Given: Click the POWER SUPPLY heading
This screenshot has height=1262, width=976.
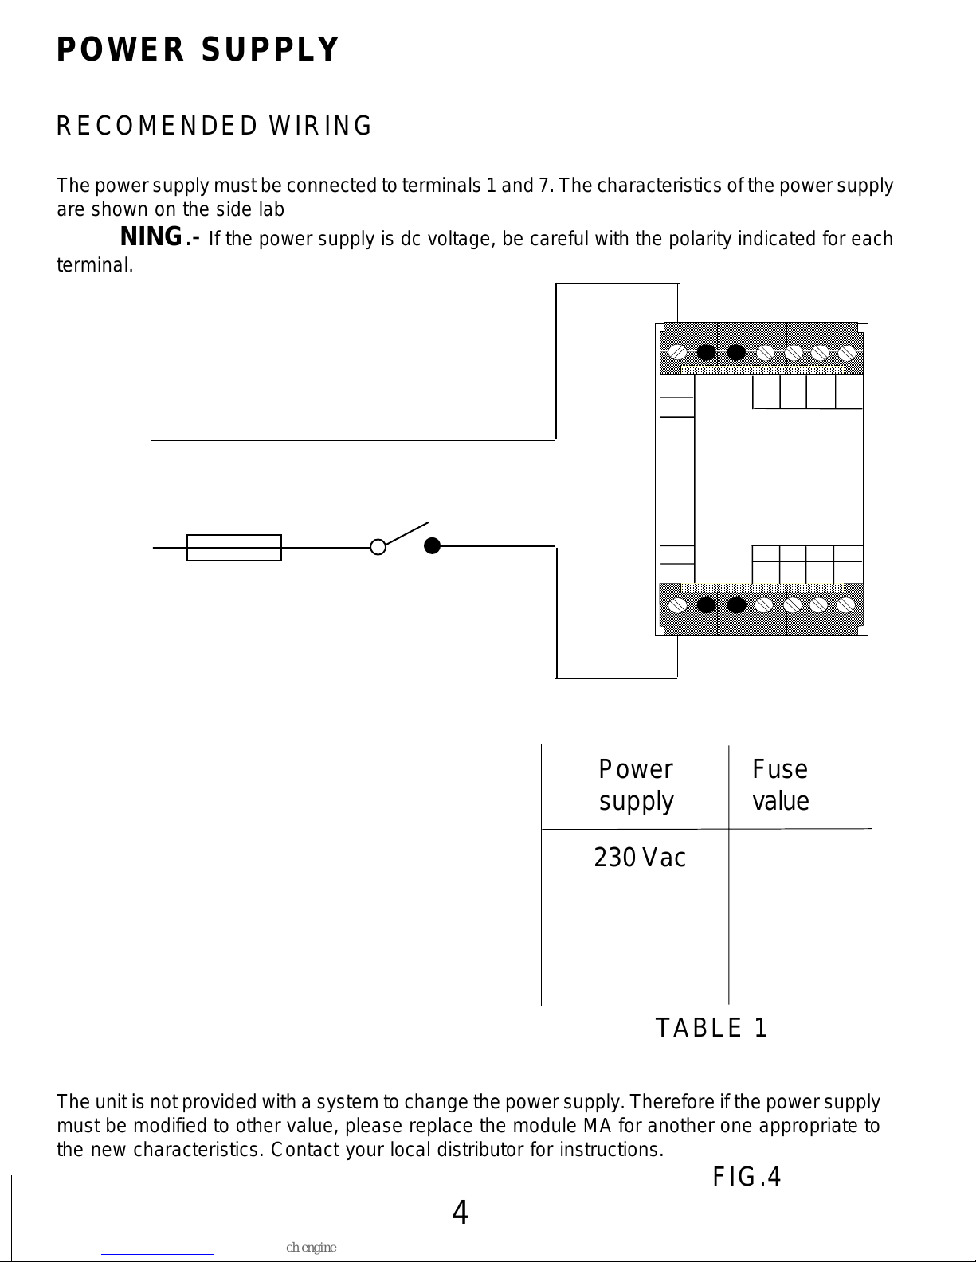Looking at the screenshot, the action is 198,49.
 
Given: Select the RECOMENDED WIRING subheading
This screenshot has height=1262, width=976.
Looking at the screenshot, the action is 214,126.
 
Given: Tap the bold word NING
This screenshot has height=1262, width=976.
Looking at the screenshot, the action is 151,237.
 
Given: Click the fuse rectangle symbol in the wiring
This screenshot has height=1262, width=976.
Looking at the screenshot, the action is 234,548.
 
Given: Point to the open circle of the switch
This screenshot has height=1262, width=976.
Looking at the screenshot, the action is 378,547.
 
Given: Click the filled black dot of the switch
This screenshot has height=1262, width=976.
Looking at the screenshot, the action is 432,546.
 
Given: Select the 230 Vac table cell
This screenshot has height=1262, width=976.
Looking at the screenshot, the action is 640,858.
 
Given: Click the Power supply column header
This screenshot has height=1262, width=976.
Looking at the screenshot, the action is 636,785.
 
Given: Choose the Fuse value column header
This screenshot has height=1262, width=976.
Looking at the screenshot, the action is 780,785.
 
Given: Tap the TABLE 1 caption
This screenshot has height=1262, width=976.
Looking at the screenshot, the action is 711,1028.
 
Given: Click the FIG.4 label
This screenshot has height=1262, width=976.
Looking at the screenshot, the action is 747,1177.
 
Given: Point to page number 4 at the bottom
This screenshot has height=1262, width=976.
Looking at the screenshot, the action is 461,1213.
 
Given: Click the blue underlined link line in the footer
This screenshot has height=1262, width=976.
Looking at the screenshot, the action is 158,1255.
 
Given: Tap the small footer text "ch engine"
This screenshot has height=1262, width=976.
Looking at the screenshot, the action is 311,1248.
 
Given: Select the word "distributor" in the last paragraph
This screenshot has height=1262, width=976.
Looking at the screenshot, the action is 480,1150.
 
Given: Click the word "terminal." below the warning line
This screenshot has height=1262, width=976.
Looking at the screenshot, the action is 95,265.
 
